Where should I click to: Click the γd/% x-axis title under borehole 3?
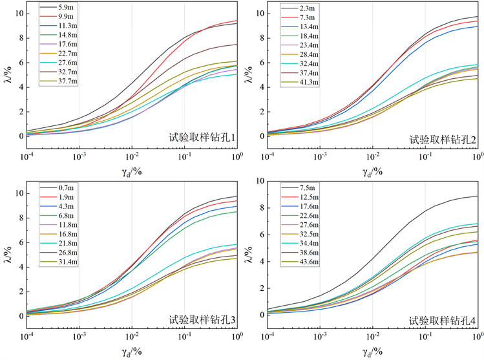coord(132,353)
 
